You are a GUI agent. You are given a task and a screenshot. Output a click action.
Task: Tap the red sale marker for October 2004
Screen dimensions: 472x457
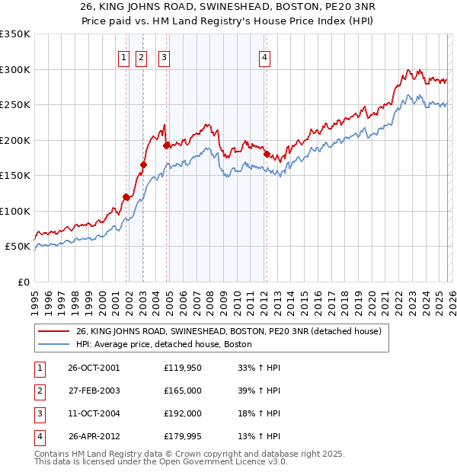click(x=165, y=145)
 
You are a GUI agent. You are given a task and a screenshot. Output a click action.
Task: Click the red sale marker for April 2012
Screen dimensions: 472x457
click(x=267, y=154)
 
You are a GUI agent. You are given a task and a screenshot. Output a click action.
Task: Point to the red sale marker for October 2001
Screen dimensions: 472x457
click(x=126, y=196)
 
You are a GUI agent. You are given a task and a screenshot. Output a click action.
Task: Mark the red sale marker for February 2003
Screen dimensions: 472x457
click(x=143, y=164)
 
